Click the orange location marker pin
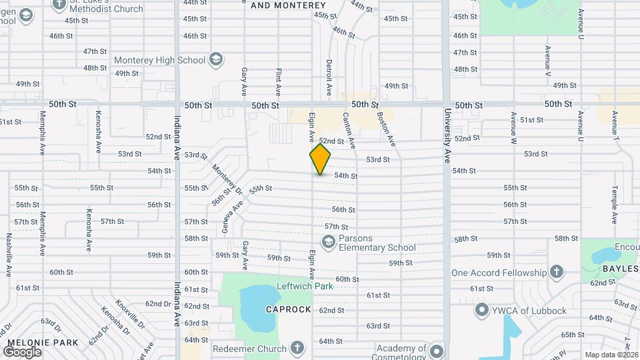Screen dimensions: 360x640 pyautogui.click(x=320, y=159)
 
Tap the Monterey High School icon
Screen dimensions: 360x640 pyautogui.click(x=216, y=60)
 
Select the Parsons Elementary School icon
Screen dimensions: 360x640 pyautogui.click(x=328, y=243)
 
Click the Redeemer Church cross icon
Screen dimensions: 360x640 pyautogui.click(x=297, y=348)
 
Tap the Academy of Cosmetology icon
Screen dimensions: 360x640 pyautogui.click(x=436, y=351)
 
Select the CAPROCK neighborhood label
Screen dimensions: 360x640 pyautogui.click(x=289, y=310)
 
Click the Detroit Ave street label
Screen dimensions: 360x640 pyautogui.click(x=329, y=77)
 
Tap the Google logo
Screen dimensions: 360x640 pyautogui.click(x=22, y=351)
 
